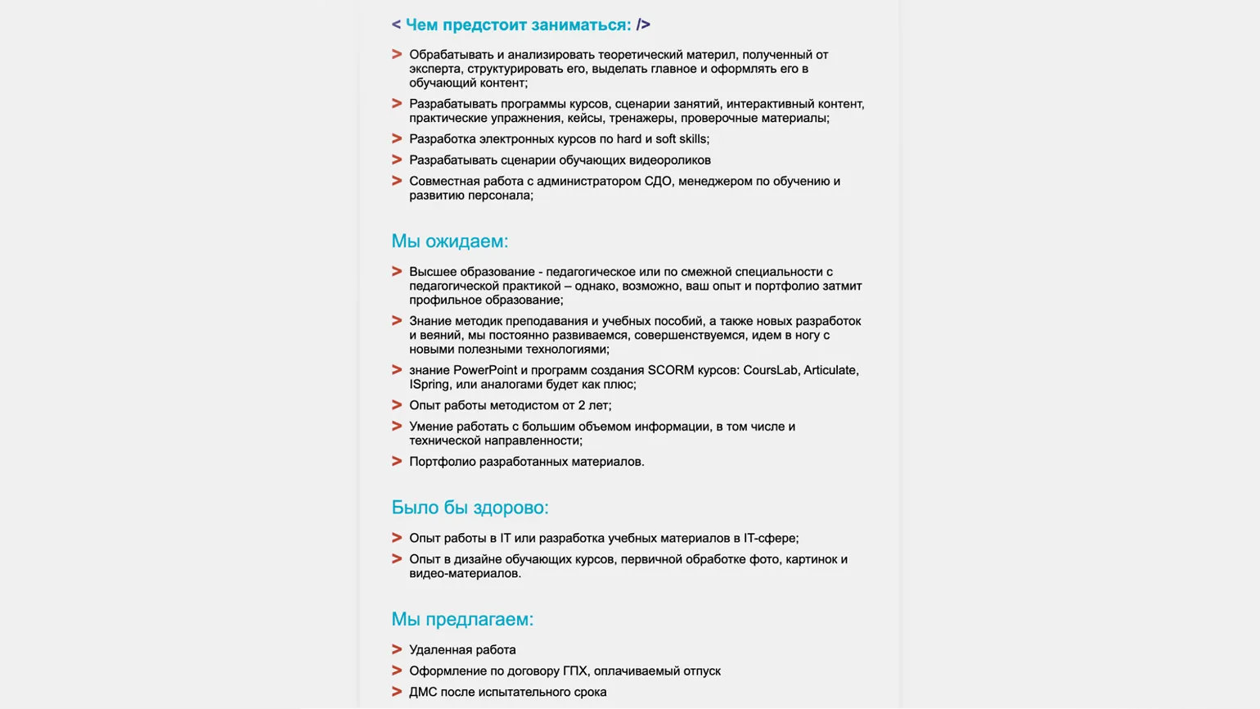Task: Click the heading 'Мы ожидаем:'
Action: coord(449,242)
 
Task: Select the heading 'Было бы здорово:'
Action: coord(470,508)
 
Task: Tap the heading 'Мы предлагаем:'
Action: coord(462,620)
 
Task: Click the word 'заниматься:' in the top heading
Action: coord(581,25)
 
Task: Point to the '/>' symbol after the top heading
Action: coord(643,25)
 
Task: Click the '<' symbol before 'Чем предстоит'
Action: coord(396,25)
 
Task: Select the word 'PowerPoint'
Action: coord(485,370)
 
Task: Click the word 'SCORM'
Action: coord(671,370)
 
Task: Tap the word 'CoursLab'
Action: coord(770,370)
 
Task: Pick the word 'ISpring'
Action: coord(430,385)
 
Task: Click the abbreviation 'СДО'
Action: coord(658,182)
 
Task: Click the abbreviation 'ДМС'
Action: coord(423,693)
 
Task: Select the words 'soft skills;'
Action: coord(682,139)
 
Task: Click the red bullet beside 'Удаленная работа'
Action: coord(397,650)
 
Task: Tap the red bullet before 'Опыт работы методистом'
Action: coord(397,405)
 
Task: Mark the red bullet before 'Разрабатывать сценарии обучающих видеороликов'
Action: coord(397,160)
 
